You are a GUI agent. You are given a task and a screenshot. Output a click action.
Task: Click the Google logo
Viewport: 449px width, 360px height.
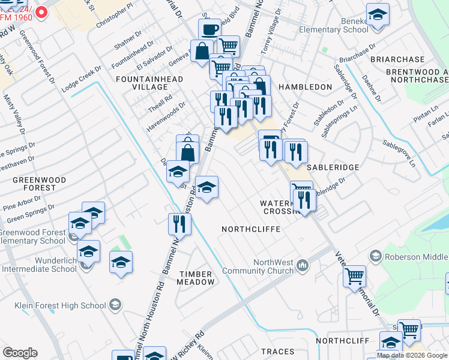pyautogui.click(x=20, y=353)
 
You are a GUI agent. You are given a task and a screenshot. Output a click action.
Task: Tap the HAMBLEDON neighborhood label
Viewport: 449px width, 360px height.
pyautogui.click(x=305, y=87)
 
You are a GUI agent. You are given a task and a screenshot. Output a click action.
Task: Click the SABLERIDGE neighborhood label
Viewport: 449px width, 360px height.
pyautogui.click(x=333, y=167)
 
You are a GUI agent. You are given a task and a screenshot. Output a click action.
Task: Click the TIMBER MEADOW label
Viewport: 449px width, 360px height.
pyautogui.click(x=196, y=278)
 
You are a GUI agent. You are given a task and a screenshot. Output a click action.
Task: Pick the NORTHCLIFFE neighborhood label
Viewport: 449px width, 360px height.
pyautogui.click(x=252, y=229)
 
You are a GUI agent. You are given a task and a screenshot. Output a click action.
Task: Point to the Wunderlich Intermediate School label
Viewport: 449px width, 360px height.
pyautogui.click(x=39, y=265)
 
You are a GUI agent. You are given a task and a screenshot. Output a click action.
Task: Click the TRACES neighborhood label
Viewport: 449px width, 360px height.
pyautogui.click(x=277, y=352)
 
